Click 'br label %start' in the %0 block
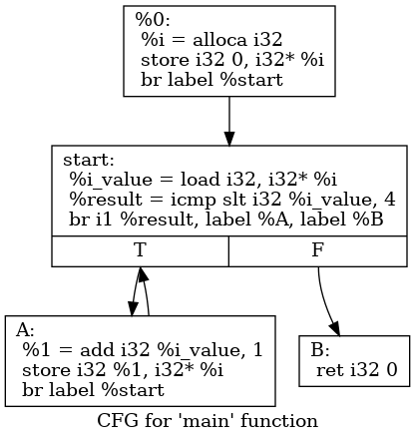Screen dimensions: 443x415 [x=205, y=81]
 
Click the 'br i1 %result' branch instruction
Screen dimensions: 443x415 [x=225, y=220]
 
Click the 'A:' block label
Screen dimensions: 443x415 [x=26, y=329]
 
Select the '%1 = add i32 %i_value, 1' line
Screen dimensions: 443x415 [x=143, y=349]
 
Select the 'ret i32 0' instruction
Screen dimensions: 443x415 [x=357, y=370]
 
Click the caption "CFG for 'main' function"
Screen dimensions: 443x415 [x=207, y=421]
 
